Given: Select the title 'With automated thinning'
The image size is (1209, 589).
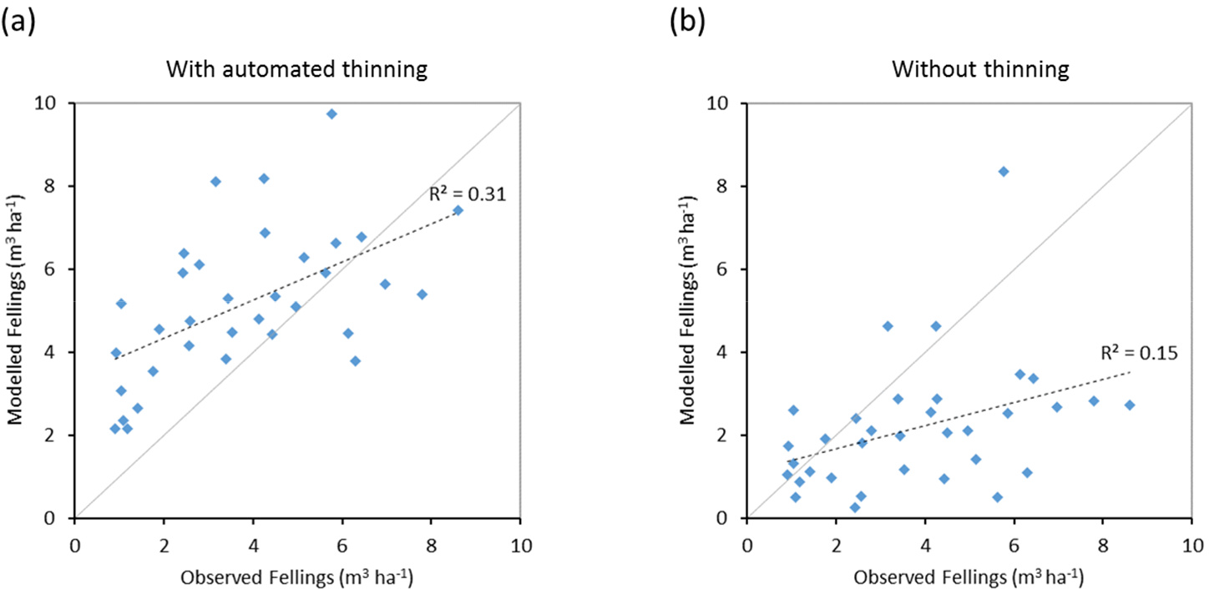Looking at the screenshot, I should coord(296,69).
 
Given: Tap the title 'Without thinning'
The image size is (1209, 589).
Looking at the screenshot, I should coord(969,69).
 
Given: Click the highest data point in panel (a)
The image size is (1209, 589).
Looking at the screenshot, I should coord(331,113).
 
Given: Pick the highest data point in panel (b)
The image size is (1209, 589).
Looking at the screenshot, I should coord(1004,171).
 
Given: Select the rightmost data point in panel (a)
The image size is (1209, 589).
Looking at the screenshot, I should coord(458,210).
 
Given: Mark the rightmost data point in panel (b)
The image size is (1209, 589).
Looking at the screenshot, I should coord(1130,405).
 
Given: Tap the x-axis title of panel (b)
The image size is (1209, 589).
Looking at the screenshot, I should coord(969,575).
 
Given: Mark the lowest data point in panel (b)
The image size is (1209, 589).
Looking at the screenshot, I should coord(854,507).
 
